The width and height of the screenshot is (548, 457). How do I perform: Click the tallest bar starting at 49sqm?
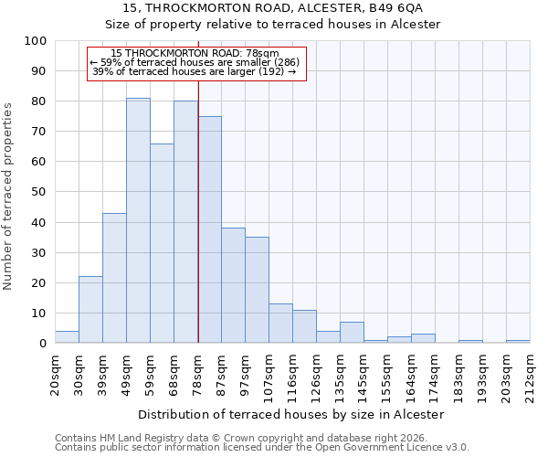[x=138, y=220]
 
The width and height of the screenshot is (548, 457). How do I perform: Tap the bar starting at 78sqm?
[x=209, y=229]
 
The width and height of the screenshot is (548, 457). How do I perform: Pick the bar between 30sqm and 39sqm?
[x=90, y=310]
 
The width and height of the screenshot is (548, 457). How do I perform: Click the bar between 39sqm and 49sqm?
[x=114, y=278]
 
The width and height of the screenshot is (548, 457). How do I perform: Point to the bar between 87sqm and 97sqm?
[x=233, y=285]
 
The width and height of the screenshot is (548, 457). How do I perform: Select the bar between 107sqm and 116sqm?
[x=280, y=324]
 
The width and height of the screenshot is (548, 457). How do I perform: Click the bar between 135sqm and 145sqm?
[x=352, y=333]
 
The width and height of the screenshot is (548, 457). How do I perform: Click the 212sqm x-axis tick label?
[x=531, y=377]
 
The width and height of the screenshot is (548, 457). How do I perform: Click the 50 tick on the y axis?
[x=38, y=192]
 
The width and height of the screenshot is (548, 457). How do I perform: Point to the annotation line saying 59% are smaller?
[x=195, y=62]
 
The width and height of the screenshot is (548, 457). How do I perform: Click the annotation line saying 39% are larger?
[x=195, y=71]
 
